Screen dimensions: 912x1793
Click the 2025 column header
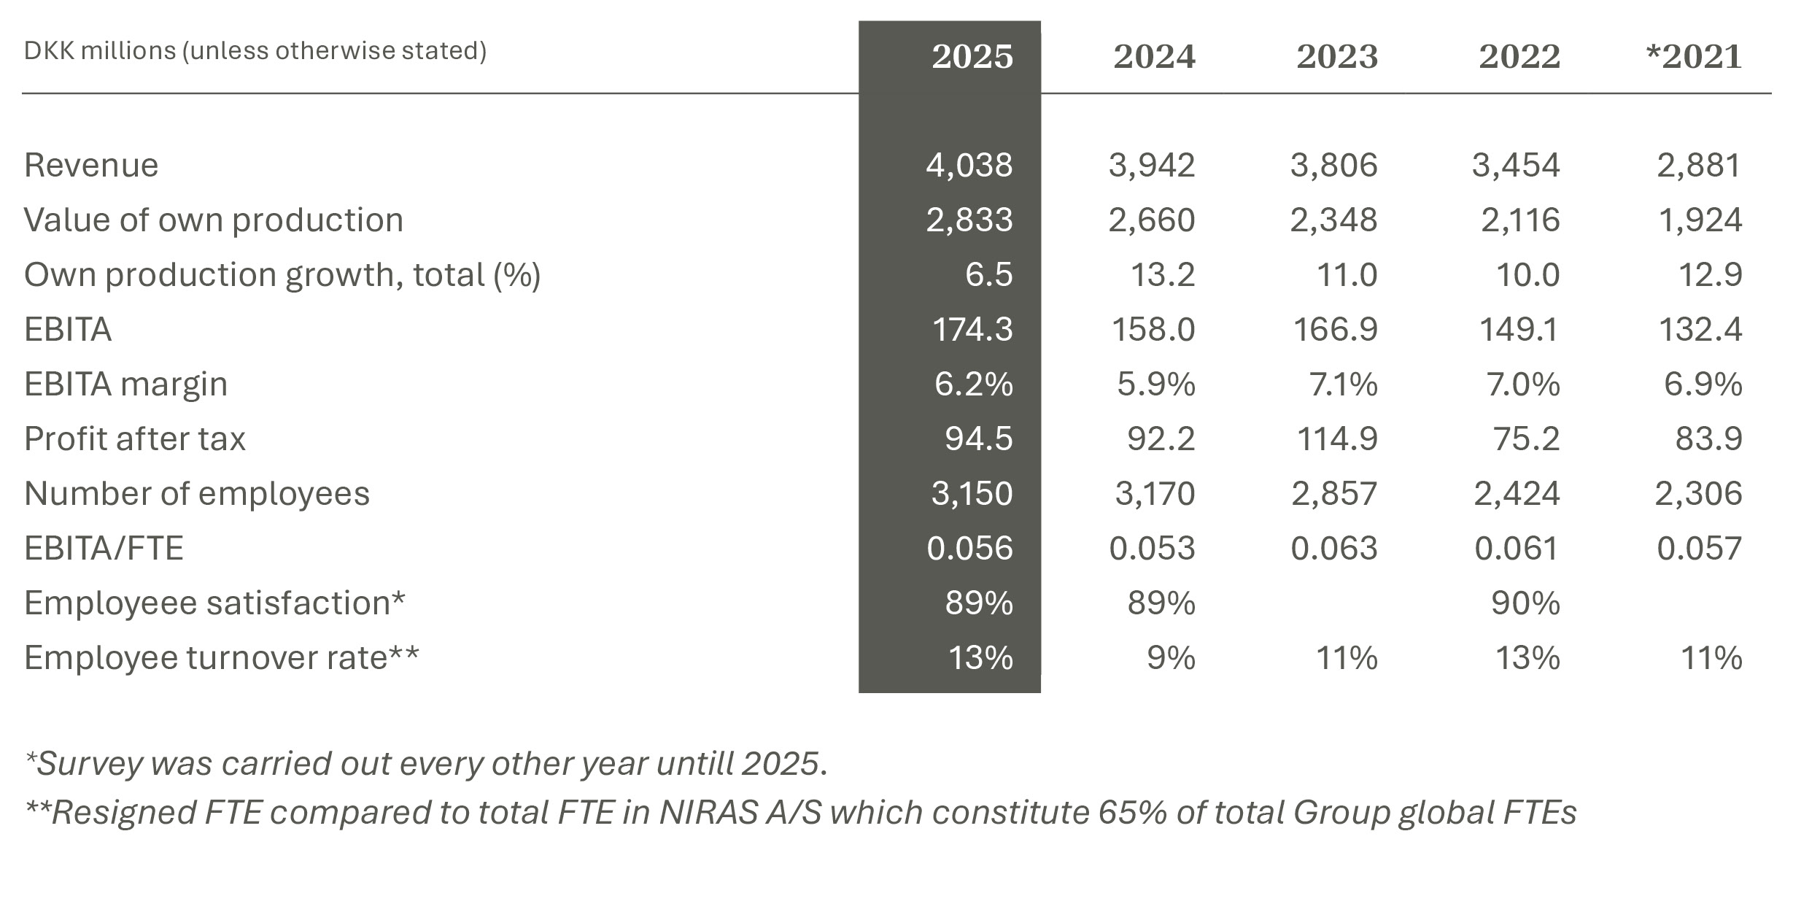972,57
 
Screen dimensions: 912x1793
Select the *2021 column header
1694,57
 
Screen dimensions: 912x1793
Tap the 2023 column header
1336,57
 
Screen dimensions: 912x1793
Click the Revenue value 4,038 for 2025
969,165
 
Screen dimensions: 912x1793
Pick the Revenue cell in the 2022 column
1515,165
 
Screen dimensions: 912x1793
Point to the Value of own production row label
213,220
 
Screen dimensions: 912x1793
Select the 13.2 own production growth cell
1162,275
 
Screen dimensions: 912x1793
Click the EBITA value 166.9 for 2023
1335,330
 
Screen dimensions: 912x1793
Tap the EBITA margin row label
125,384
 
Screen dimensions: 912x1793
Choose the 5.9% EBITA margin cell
1155,384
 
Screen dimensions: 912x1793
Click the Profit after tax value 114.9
1336,439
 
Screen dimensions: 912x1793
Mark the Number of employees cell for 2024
1155,494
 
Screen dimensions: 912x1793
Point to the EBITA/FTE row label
104,549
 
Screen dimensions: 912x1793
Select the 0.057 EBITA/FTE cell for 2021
1699,549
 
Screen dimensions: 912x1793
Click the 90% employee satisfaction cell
1525,603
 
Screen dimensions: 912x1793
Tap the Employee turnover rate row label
221,658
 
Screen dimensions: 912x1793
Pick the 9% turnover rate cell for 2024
1170,658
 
